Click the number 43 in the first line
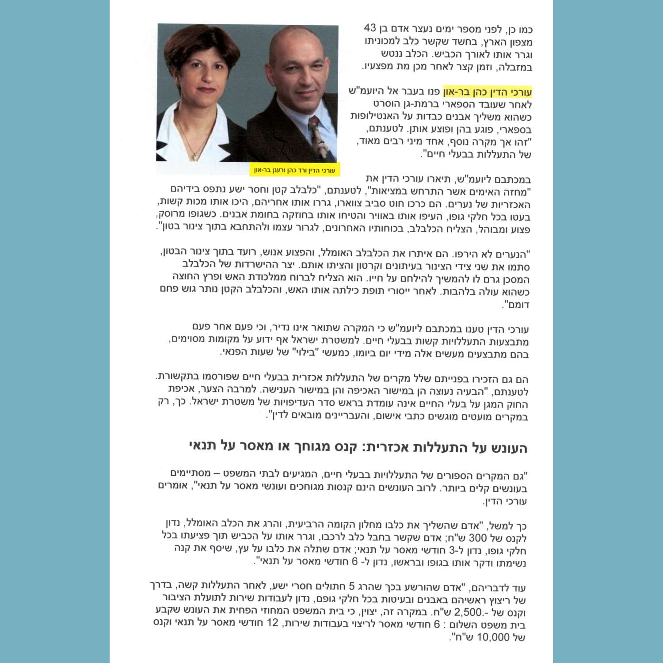(x=370, y=28)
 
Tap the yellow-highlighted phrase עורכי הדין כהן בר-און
(x=487, y=92)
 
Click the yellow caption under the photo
(x=295, y=170)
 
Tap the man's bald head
(x=292, y=40)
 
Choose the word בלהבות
(x=457, y=292)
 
